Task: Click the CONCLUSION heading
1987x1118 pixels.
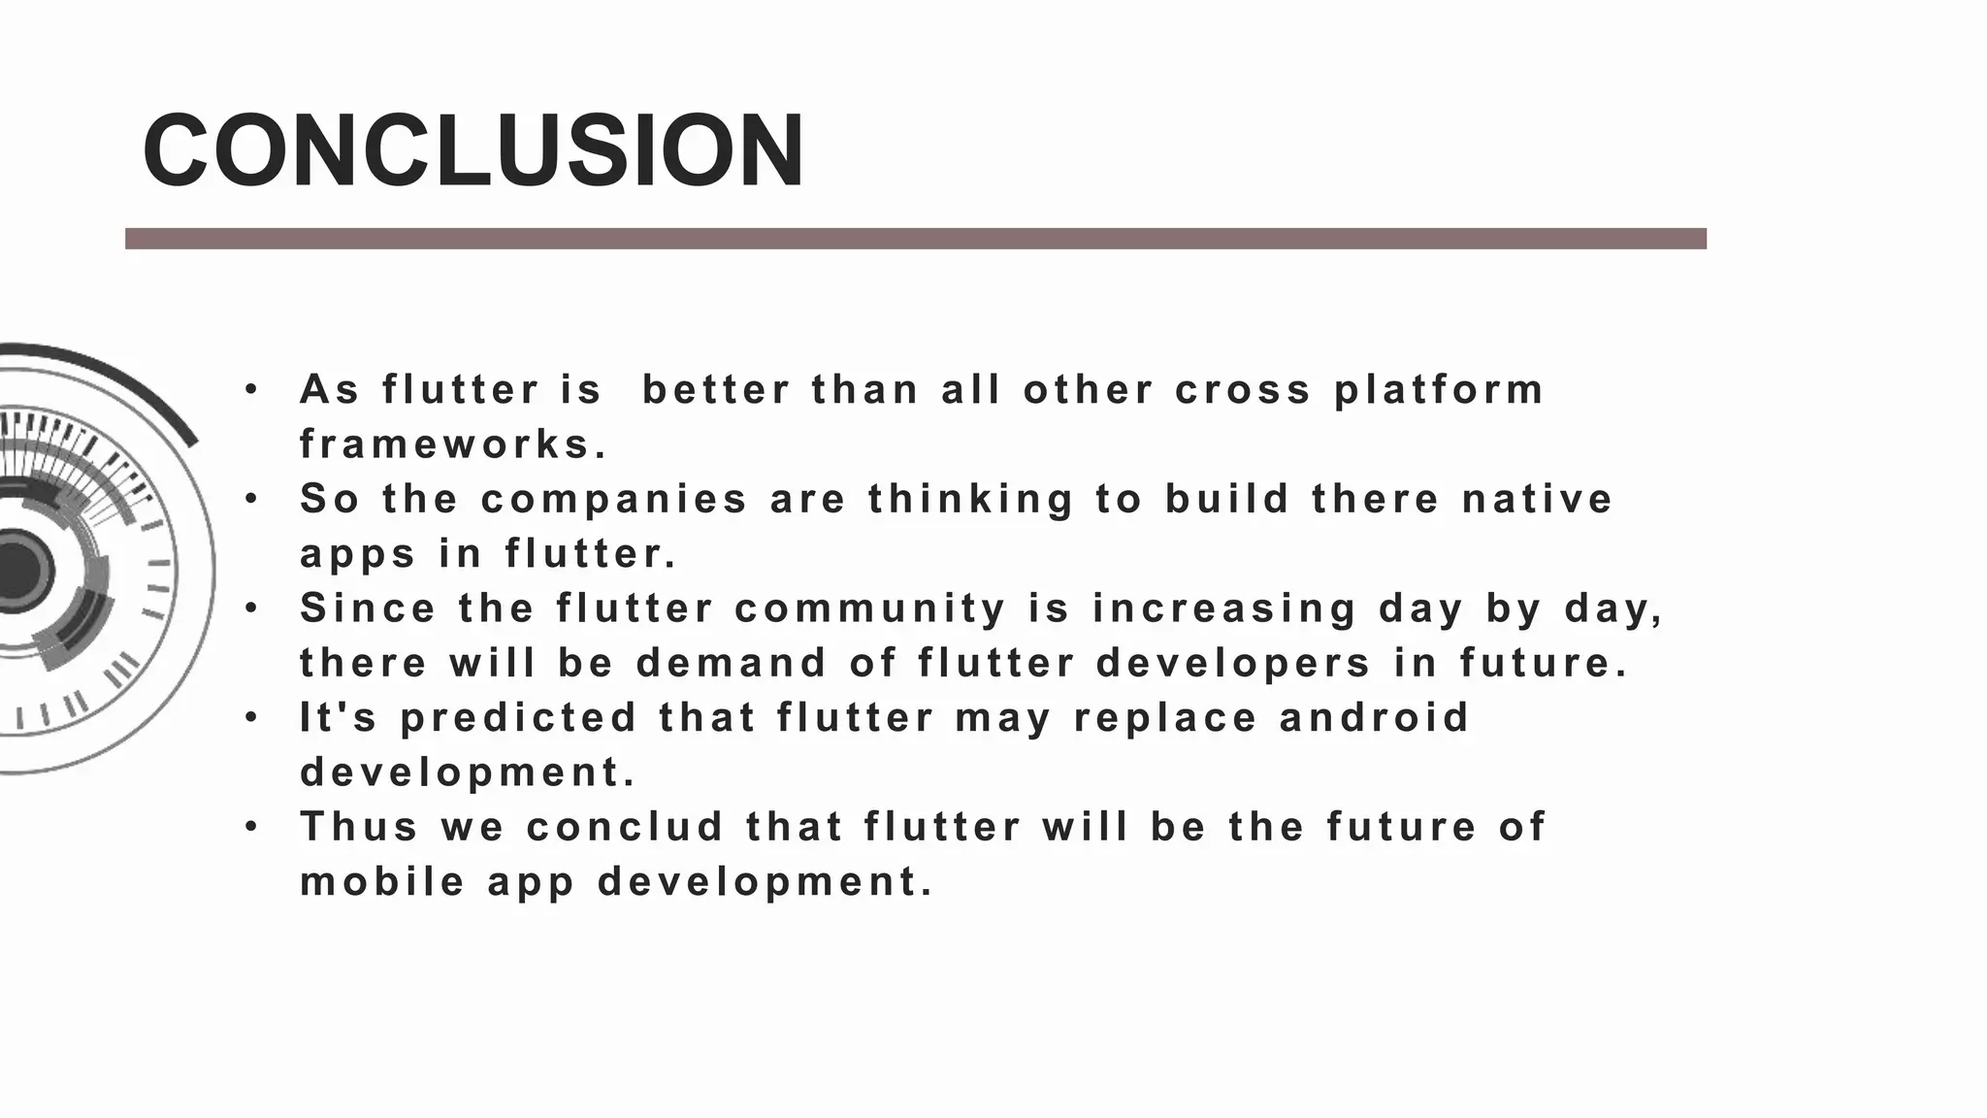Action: click(x=473, y=150)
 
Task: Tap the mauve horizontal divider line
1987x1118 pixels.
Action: click(x=915, y=239)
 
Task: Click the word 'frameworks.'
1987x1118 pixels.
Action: click(x=453, y=445)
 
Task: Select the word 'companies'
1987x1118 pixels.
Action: click(x=614, y=500)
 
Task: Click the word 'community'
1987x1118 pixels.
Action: click(x=870, y=609)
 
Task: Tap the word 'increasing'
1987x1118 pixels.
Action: click(x=1224, y=609)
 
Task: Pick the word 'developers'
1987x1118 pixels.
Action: click(x=1234, y=664)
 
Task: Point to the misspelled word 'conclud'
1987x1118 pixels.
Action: click(x=625, y=828)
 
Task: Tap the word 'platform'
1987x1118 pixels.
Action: click(x=1439, y=390)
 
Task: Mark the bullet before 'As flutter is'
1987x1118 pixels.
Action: click(x=251, y=390)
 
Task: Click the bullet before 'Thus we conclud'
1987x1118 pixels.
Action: click(x=251, y=828)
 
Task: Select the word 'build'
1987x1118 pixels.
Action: click(x=1227, y=500)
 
